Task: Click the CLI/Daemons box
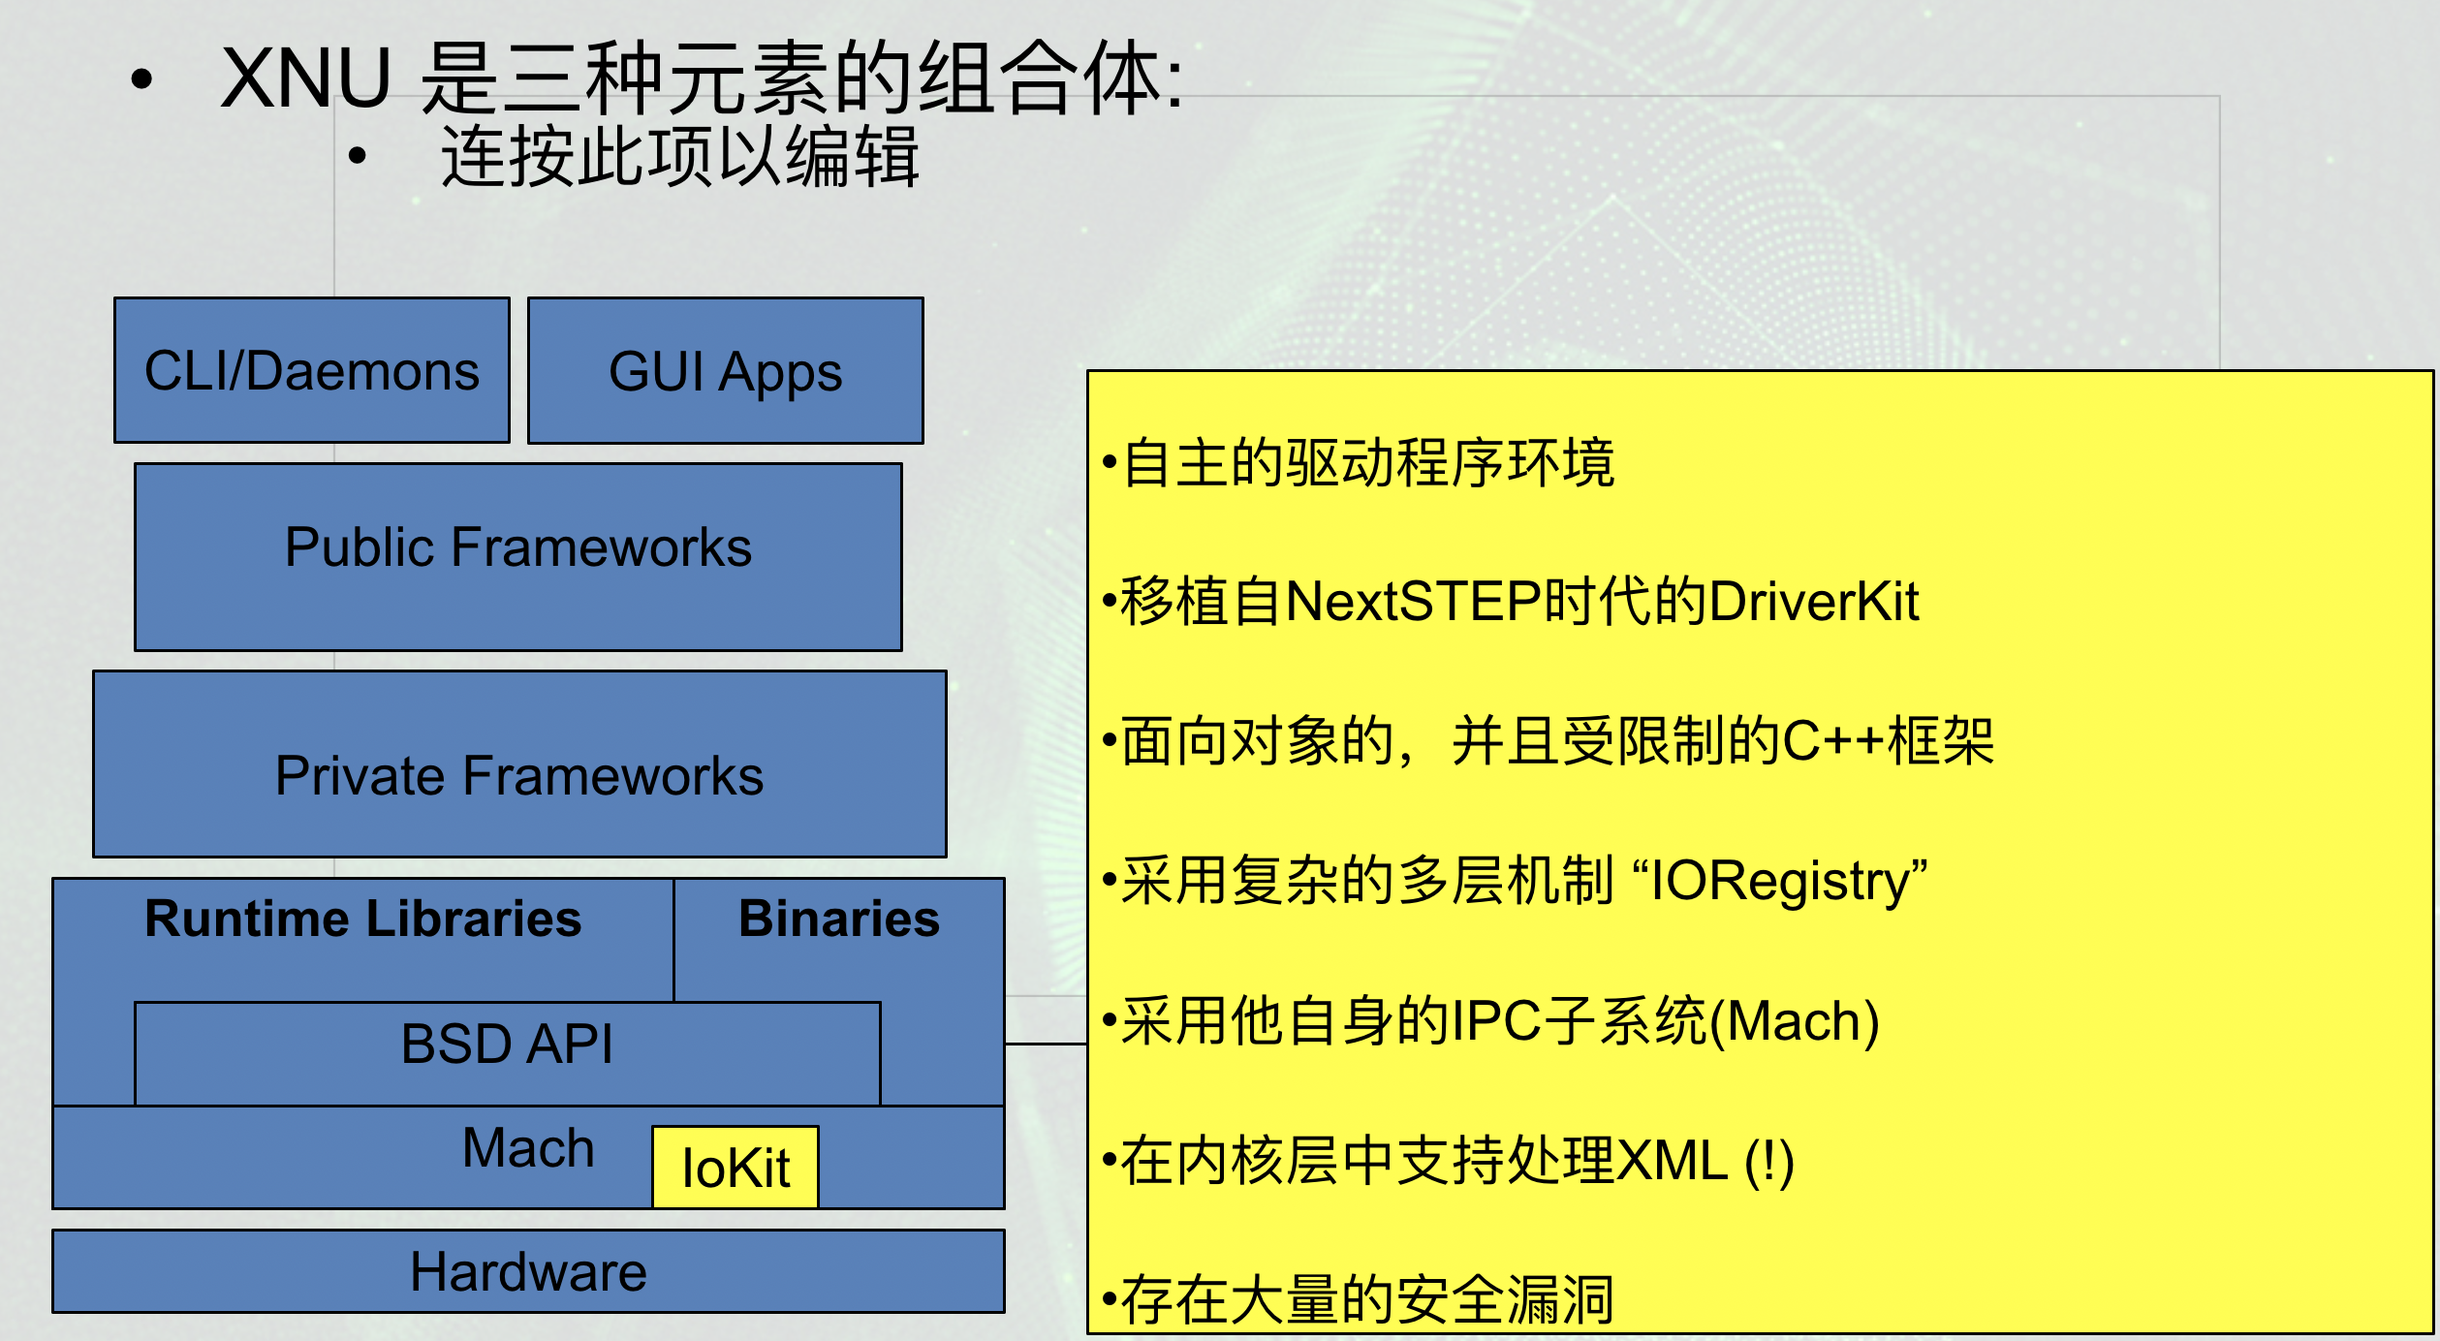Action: tap(311, 371)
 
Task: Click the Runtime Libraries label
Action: tap(362, 919)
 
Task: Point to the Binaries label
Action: tap(838, 919)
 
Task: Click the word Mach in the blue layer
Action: tap(527, 1149)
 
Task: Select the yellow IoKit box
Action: tap(735, 1168)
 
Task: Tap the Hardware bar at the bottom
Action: tap(528, 1272)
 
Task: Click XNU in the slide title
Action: tap(305, 78)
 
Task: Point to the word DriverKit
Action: tap(1813, 602)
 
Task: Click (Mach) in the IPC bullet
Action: tap(1794, 1021)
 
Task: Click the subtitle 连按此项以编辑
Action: tap(679, 157)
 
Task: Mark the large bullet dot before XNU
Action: tap(142, 80)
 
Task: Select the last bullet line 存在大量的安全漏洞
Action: tap(1366, 1300)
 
